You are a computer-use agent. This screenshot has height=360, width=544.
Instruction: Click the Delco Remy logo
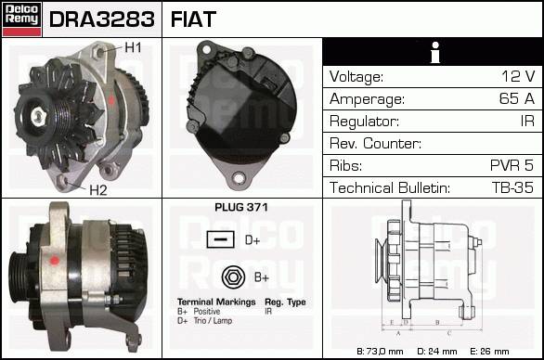click(x=22, y=19)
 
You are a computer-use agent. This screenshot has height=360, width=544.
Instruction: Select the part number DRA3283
click(x=102, y=19)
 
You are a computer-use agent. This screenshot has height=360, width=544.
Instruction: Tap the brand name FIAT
click(x=193, y=19)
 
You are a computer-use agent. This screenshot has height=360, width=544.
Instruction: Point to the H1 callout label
click(x=133, y=47)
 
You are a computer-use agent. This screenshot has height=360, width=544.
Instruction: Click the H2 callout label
click(x=98, y=190)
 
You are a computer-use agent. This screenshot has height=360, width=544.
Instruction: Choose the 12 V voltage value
click(x=518, y=76)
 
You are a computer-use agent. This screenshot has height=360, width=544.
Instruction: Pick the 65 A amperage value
click(x=517, y=98)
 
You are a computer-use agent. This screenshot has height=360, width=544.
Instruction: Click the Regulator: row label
click(x=364, y=122)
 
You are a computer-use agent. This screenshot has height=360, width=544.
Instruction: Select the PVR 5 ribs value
click(x=512, y=165)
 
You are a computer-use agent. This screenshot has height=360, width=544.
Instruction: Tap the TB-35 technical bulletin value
click(x=512, y=187)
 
